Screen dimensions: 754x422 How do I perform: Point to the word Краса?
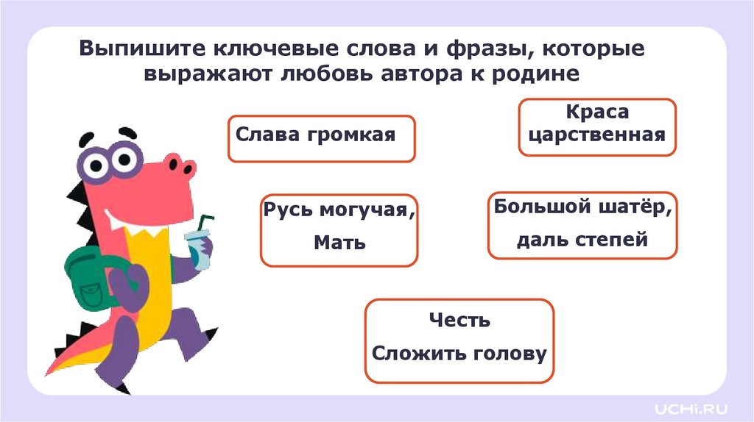[x=597, y=112]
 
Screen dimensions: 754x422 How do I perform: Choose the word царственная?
[x=597, y=135]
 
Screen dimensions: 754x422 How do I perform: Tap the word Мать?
[x=339, y=242]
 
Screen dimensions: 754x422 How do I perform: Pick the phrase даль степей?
[x=582, y=240]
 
